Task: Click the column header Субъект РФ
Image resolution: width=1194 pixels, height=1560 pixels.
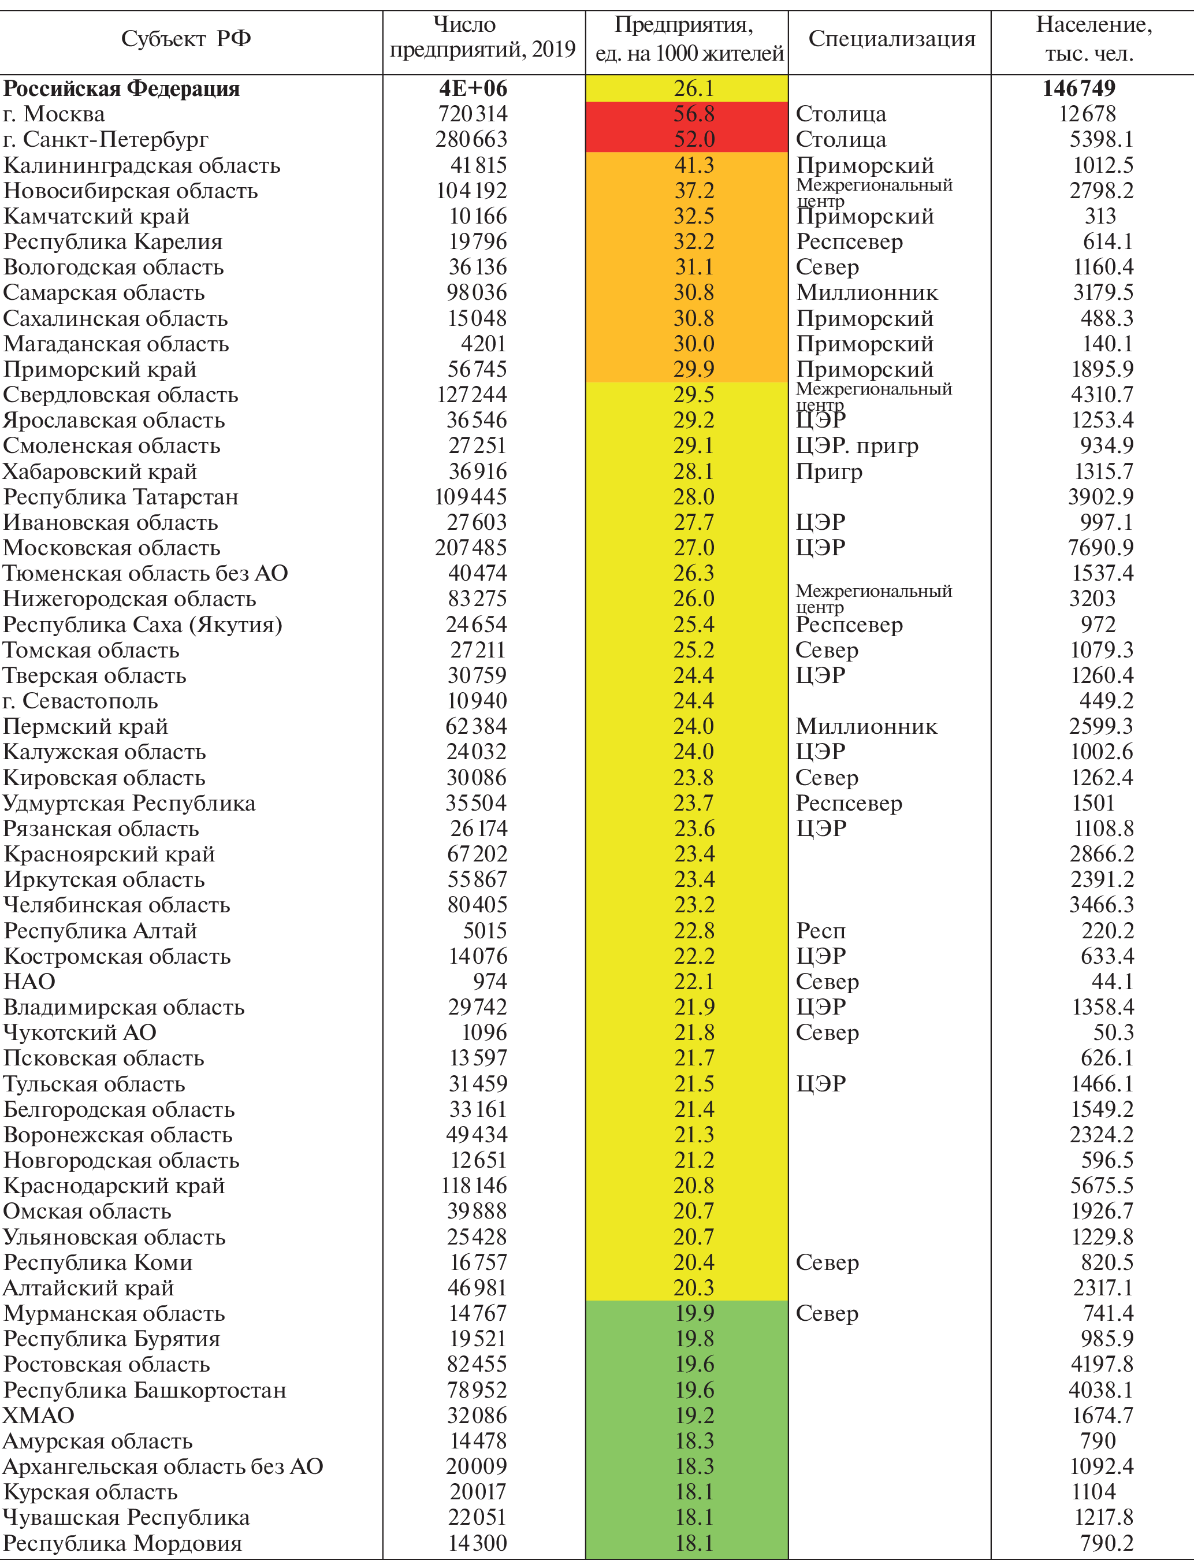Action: [186, 38]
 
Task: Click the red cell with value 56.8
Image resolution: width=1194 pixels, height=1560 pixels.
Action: [694, 114]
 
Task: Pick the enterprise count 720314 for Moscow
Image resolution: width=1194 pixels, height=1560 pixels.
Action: [471, 114]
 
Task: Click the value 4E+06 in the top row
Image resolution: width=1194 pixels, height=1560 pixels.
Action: [473, 88]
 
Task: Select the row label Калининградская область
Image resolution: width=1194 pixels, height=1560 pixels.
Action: [142, 165]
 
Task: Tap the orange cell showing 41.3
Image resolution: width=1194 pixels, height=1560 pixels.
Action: [694, 165]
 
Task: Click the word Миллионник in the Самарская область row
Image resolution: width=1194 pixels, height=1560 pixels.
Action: [866, 292]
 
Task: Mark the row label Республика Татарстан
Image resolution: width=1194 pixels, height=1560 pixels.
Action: [121, 497]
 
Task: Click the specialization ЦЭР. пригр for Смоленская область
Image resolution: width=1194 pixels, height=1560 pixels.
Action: [857, 445]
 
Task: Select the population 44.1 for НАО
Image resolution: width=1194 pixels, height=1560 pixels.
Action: [1113, 982]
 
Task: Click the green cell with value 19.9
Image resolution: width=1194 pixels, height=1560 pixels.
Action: [694, 1313]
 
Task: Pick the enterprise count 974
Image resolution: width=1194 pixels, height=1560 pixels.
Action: [490, 982]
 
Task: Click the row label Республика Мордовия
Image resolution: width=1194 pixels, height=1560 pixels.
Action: [122, 1543]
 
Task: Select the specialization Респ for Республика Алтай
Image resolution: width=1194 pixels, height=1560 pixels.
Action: [820, 930]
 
